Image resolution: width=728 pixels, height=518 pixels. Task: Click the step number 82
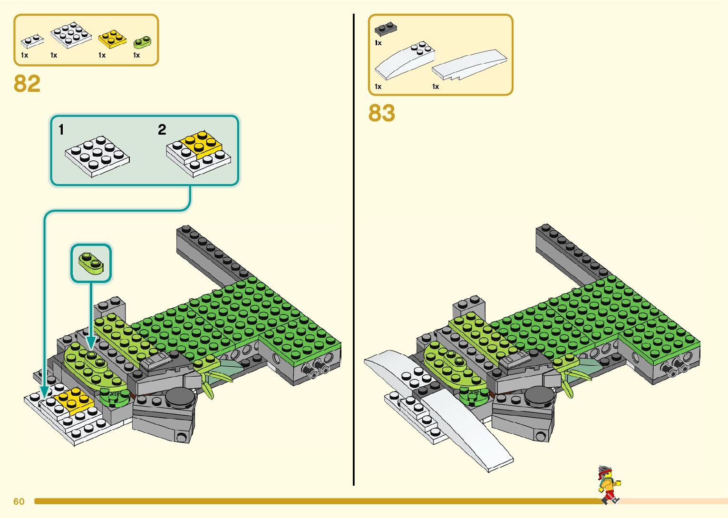coord(27,84)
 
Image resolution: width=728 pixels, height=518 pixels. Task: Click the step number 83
coord(381,113)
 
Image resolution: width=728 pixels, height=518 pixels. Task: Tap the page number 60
coord(19,501)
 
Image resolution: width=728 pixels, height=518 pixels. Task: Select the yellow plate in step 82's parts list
coord(112,39)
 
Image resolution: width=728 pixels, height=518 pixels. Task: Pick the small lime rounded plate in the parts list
coord(142,42)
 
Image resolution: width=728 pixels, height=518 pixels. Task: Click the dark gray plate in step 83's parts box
coord(386,29)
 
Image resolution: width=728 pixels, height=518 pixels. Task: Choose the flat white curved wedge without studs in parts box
coord(469,64)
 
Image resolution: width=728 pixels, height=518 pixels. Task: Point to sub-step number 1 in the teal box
coord(61,129)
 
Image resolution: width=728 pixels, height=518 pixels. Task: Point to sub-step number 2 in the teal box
coord(162,129)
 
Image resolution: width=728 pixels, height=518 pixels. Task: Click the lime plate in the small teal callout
coord(91,263)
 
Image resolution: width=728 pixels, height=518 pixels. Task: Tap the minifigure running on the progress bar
coord(609,484)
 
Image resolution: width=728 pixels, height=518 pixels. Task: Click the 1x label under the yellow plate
coord(102,55)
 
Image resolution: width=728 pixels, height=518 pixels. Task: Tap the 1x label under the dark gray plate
coord(378,43)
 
